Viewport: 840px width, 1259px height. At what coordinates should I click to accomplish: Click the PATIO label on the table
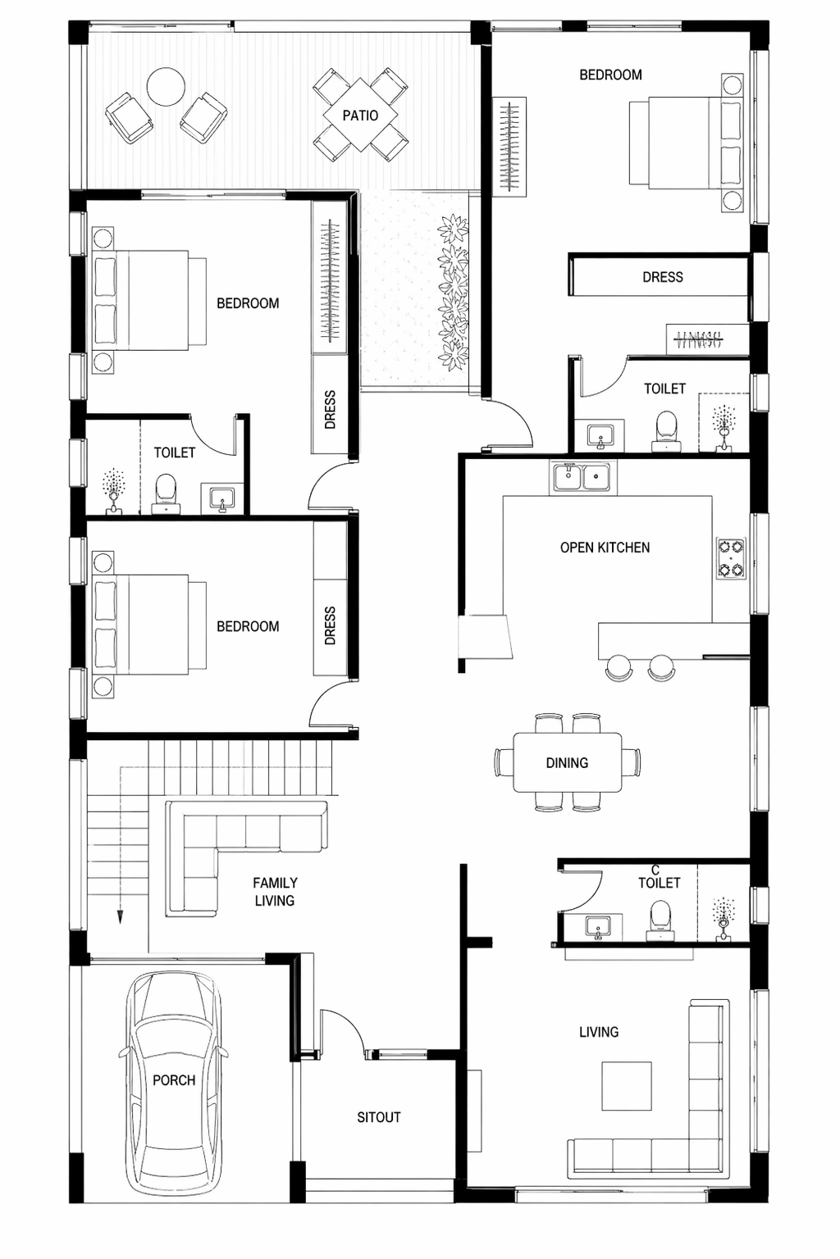click(360, 116)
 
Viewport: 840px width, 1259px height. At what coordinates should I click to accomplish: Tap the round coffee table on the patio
click(166, 87)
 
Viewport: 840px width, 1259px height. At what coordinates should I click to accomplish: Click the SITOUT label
click(379, 1117)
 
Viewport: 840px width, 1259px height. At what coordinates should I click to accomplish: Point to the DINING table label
click(567, 763)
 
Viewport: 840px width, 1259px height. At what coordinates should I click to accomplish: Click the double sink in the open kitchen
click(583, 477)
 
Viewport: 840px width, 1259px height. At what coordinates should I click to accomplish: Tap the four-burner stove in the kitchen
click(732, 558)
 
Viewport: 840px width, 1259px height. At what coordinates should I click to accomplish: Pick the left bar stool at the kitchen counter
click(619, 668)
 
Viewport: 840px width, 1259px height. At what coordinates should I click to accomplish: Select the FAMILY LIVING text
click(275, 892)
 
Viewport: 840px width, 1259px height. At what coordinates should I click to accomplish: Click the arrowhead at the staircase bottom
click(120, 916)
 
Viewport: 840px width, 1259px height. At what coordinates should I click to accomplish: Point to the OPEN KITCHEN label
click(605, 548)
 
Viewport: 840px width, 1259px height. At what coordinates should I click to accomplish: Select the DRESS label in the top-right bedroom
click(663, 277)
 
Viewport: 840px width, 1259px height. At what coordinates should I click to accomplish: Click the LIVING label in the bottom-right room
click(599, 1032)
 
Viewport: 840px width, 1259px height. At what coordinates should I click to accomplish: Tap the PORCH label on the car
click(174, 1080)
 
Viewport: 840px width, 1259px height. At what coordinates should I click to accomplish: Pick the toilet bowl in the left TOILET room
click(166, 493)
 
